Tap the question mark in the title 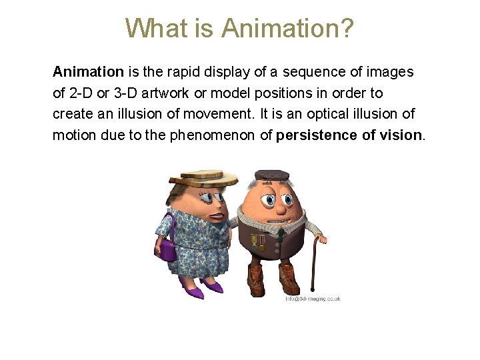(347, 29)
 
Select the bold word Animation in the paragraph (88, 71)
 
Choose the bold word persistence (316, 135)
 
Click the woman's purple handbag (167, 249)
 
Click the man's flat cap (272, 175)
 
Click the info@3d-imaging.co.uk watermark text (312, 299)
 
